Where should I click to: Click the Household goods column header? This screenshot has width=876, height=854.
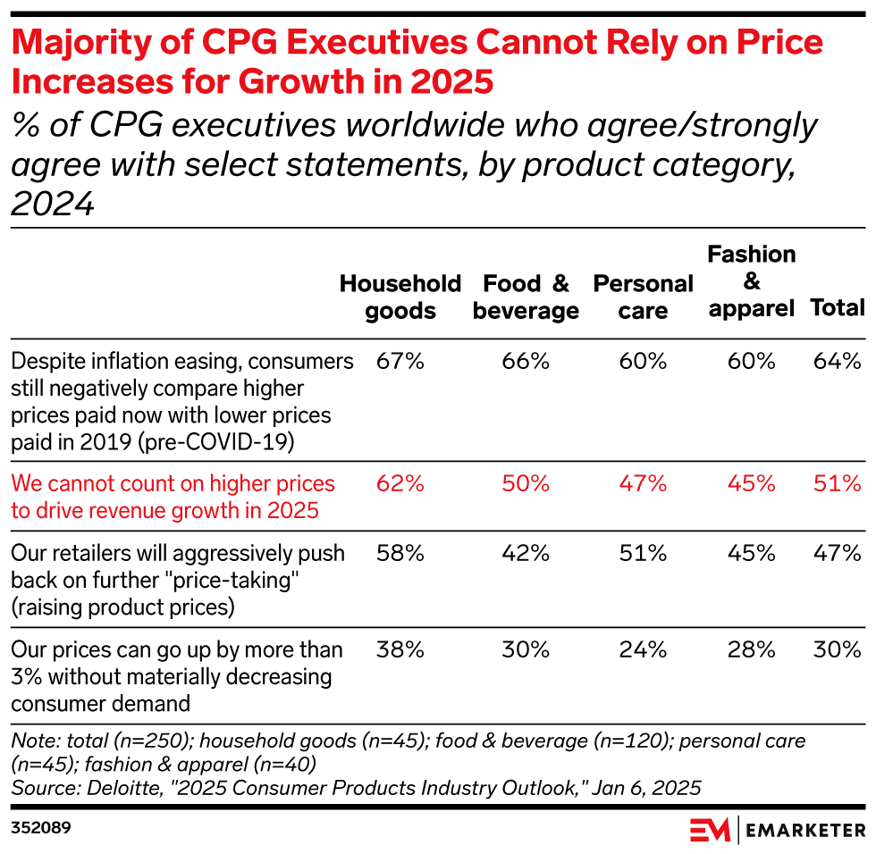(x=400, y=297)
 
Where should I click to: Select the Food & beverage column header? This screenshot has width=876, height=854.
(x=526, y=297)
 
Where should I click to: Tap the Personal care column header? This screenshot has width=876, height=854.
(x=643, y=297)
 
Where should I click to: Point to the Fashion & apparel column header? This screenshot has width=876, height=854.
(x=751, y=281)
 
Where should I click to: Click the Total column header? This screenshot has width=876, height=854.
(x=837, y=308)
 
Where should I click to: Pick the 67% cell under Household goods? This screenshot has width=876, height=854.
(x=400, y=362)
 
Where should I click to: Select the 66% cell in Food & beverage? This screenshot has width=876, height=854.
(x=526, y=362)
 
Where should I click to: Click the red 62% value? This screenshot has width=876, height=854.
(x=400, y=484)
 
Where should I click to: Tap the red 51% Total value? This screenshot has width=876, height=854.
(x=837, y=484)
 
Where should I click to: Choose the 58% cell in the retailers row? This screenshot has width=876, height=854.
(x=400, y=554)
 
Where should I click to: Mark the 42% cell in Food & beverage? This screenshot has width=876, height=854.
(x=526, y=554)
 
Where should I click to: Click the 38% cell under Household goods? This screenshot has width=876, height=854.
(x=400, y=649)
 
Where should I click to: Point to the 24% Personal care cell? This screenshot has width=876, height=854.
(x=643, y=649)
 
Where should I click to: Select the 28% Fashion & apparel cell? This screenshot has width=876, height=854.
(x=751, y=649)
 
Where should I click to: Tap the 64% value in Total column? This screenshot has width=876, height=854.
(x=837, y=362)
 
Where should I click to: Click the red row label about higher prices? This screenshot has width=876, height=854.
(x=173, y=497)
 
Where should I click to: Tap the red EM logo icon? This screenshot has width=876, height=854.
(x=710, y=829)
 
